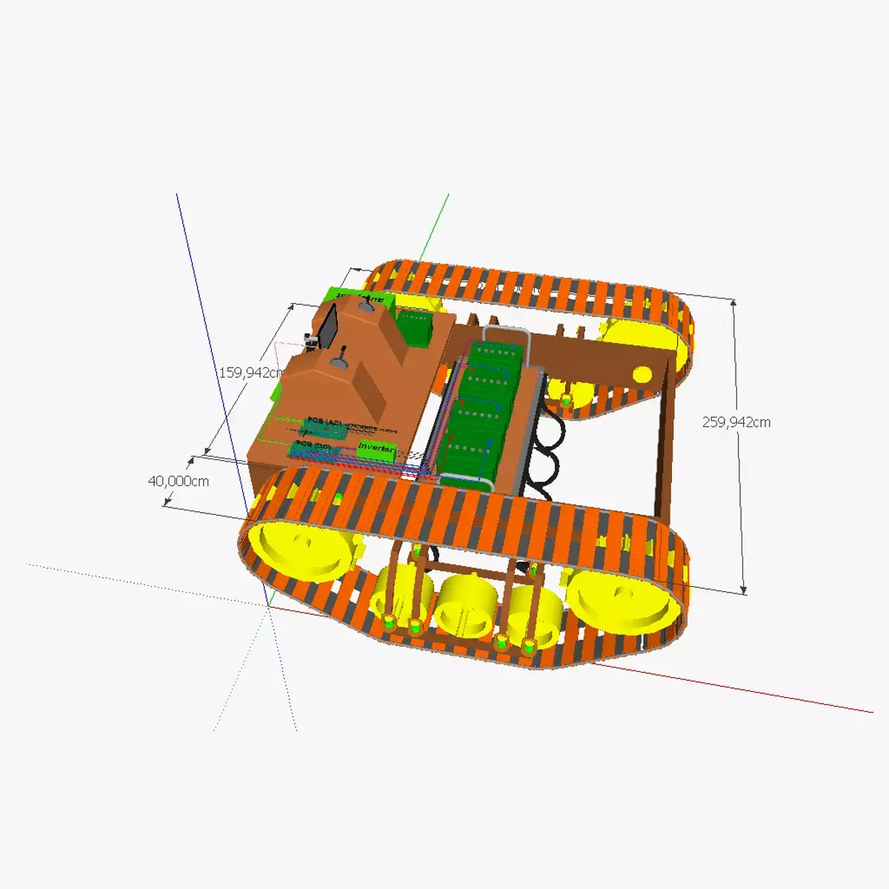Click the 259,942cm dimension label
736,422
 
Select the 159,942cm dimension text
253,373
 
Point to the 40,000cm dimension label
179,481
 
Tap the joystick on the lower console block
342,361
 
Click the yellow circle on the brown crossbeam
642,374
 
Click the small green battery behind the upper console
415,327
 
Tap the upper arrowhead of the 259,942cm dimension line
733,302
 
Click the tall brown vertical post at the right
665,444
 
